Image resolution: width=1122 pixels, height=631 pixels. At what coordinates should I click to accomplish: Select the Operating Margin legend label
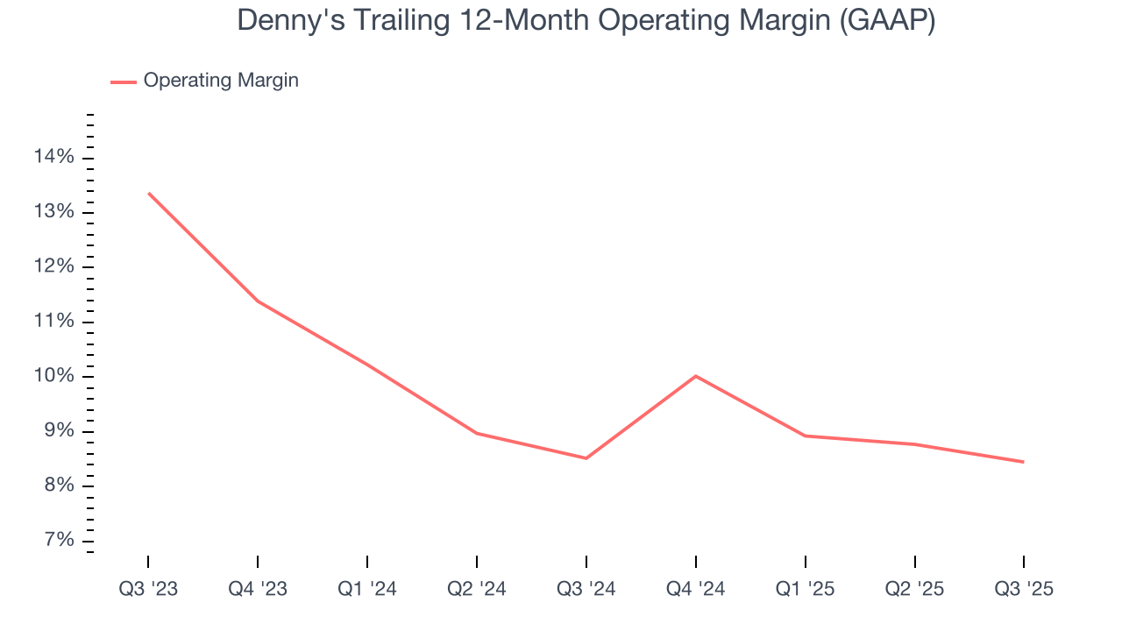pos(221,81)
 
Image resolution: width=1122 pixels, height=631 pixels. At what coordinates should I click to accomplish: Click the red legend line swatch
pos(124,82)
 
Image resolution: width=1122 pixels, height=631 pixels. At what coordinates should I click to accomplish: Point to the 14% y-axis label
pos(54,157)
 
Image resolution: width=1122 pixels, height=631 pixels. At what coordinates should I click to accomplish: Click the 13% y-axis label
pos(54,212)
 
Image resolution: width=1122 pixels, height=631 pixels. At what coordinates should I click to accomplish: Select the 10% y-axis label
pos(54,377)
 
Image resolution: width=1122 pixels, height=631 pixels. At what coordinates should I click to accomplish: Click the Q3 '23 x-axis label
pos(148,589)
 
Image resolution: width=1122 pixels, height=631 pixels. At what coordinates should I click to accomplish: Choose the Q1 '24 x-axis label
pos(367,589)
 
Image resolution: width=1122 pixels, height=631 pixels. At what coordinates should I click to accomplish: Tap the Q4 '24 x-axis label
pos(696,589)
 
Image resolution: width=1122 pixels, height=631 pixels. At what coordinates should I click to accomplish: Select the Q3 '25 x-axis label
pos(1024,589)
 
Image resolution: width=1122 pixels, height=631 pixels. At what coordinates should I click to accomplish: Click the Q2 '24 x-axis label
pos(477,589)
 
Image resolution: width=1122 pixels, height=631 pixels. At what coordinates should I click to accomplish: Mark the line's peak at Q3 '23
pos(148,193)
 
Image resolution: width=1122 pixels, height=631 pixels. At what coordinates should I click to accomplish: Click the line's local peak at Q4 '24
pos(696,376)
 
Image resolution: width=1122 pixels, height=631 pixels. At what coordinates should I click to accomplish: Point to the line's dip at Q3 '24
pos(586,458)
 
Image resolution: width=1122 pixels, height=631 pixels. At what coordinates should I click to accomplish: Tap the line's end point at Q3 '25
pos(1024,462)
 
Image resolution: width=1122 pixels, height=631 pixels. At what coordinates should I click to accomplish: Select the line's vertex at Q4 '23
pos(258,301)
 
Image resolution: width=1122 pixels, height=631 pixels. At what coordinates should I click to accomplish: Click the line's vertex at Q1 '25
pos(806,436)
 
